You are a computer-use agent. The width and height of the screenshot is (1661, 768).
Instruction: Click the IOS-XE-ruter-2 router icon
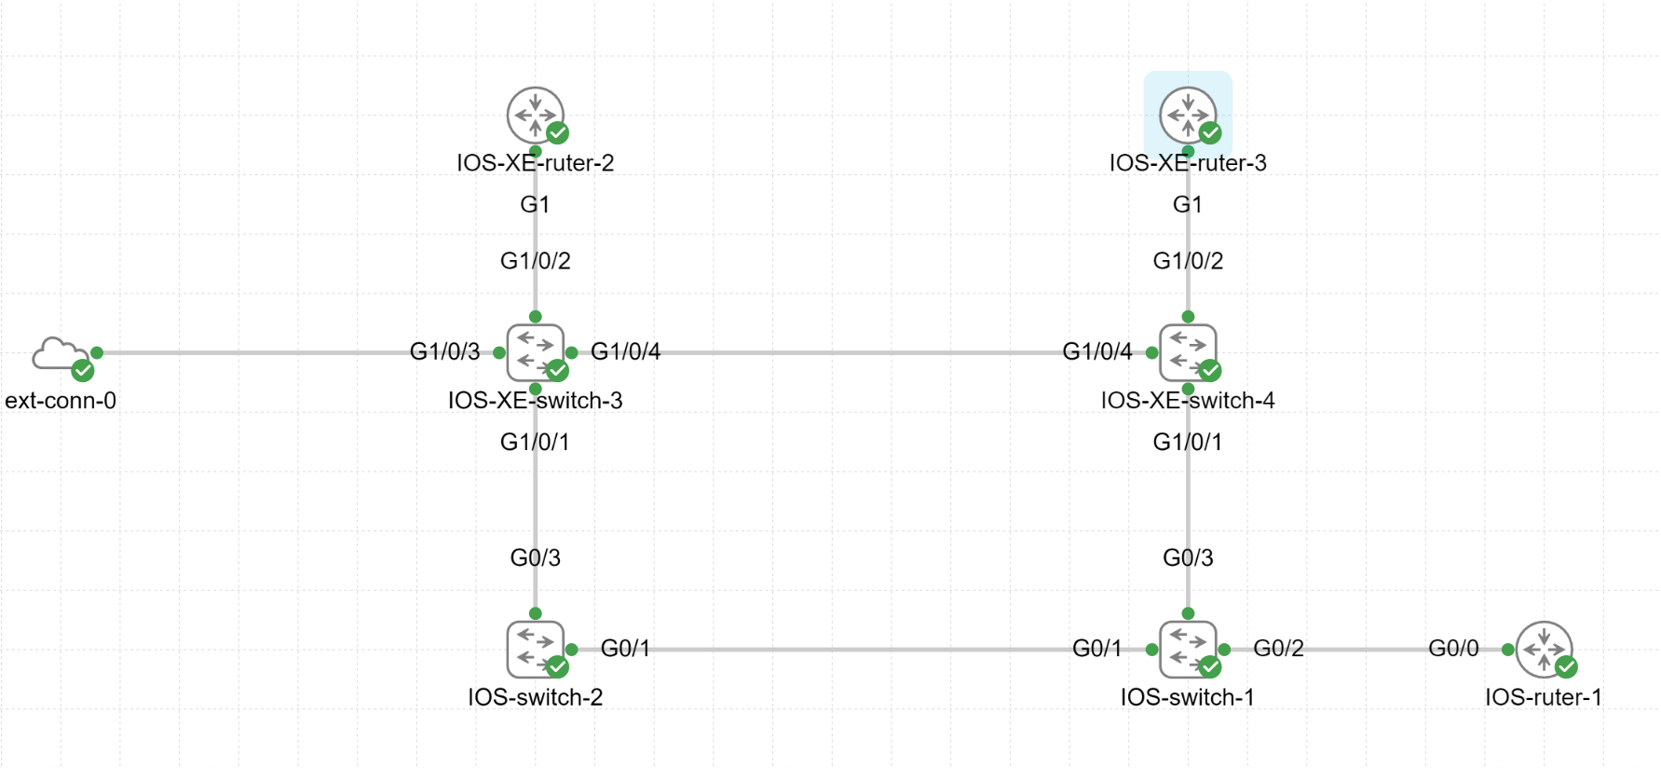pyautogui.click(x=535, y=116)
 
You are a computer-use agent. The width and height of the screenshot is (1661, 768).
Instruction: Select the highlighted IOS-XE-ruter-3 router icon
pyautogui.click(x=1188, y=116)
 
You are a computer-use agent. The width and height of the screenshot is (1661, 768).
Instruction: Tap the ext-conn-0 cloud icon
pyautogui.click(x=59, y=355)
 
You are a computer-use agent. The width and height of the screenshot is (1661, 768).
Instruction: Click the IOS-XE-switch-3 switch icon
pyautogui.click(x=535, y=352)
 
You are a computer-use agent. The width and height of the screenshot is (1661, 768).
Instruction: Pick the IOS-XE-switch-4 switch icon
pyautogui.click(x=1188, y=352)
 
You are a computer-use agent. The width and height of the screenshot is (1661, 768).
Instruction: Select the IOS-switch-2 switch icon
pyautogui.click(x=535, y=649)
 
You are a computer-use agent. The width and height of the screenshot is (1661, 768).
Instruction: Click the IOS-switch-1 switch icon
pyautogui.click(x=1188, y=649)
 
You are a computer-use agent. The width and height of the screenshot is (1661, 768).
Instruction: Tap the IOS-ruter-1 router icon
pyautogui.click(x=1544, y=649)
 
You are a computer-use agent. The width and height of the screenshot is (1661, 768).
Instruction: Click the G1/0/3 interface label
pyautogui.click(x=444, y=351)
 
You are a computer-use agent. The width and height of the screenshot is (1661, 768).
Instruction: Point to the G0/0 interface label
pyautogui.click(x=1453, y=648)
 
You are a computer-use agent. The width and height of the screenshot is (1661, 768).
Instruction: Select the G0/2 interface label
pyautogui.click(x=1278, y=648)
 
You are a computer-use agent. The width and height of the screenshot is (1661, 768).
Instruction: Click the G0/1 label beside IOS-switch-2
pyautogui.click(x=625, y=648)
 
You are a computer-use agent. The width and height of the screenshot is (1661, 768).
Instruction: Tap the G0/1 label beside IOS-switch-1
pyautogui.click(x=1096, y=648)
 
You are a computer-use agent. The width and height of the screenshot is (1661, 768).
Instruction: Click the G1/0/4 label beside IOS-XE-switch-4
pyautogui.click(x=1096, y=351)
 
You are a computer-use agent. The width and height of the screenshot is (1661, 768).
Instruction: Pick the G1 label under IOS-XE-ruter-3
pyautogui.click(x=1187, y=204)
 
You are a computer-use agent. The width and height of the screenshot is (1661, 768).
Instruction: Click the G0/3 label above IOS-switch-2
pyautogui.click(x=535, y=557)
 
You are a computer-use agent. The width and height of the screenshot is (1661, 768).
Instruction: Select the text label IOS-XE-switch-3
pyautogui.click(x=535, y=401)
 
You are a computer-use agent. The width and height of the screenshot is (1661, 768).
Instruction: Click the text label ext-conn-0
pyautogui.click(x=61, y=401)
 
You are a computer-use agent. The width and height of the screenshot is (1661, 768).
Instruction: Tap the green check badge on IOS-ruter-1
pyautogui.click(x=1566, y=666)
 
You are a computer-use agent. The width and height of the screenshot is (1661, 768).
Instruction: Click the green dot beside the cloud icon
pyautogui.click(x=97, y=352)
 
